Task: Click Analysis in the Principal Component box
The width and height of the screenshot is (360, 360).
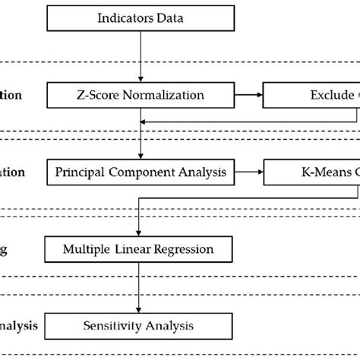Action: click(x=199, y=172)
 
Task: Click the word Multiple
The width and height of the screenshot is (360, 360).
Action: click(x=90, y=248)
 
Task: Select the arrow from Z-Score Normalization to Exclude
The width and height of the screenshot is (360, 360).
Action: click(x=249, y=96)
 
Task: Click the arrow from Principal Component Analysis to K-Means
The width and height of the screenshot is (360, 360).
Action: click(x=249, y=172)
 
